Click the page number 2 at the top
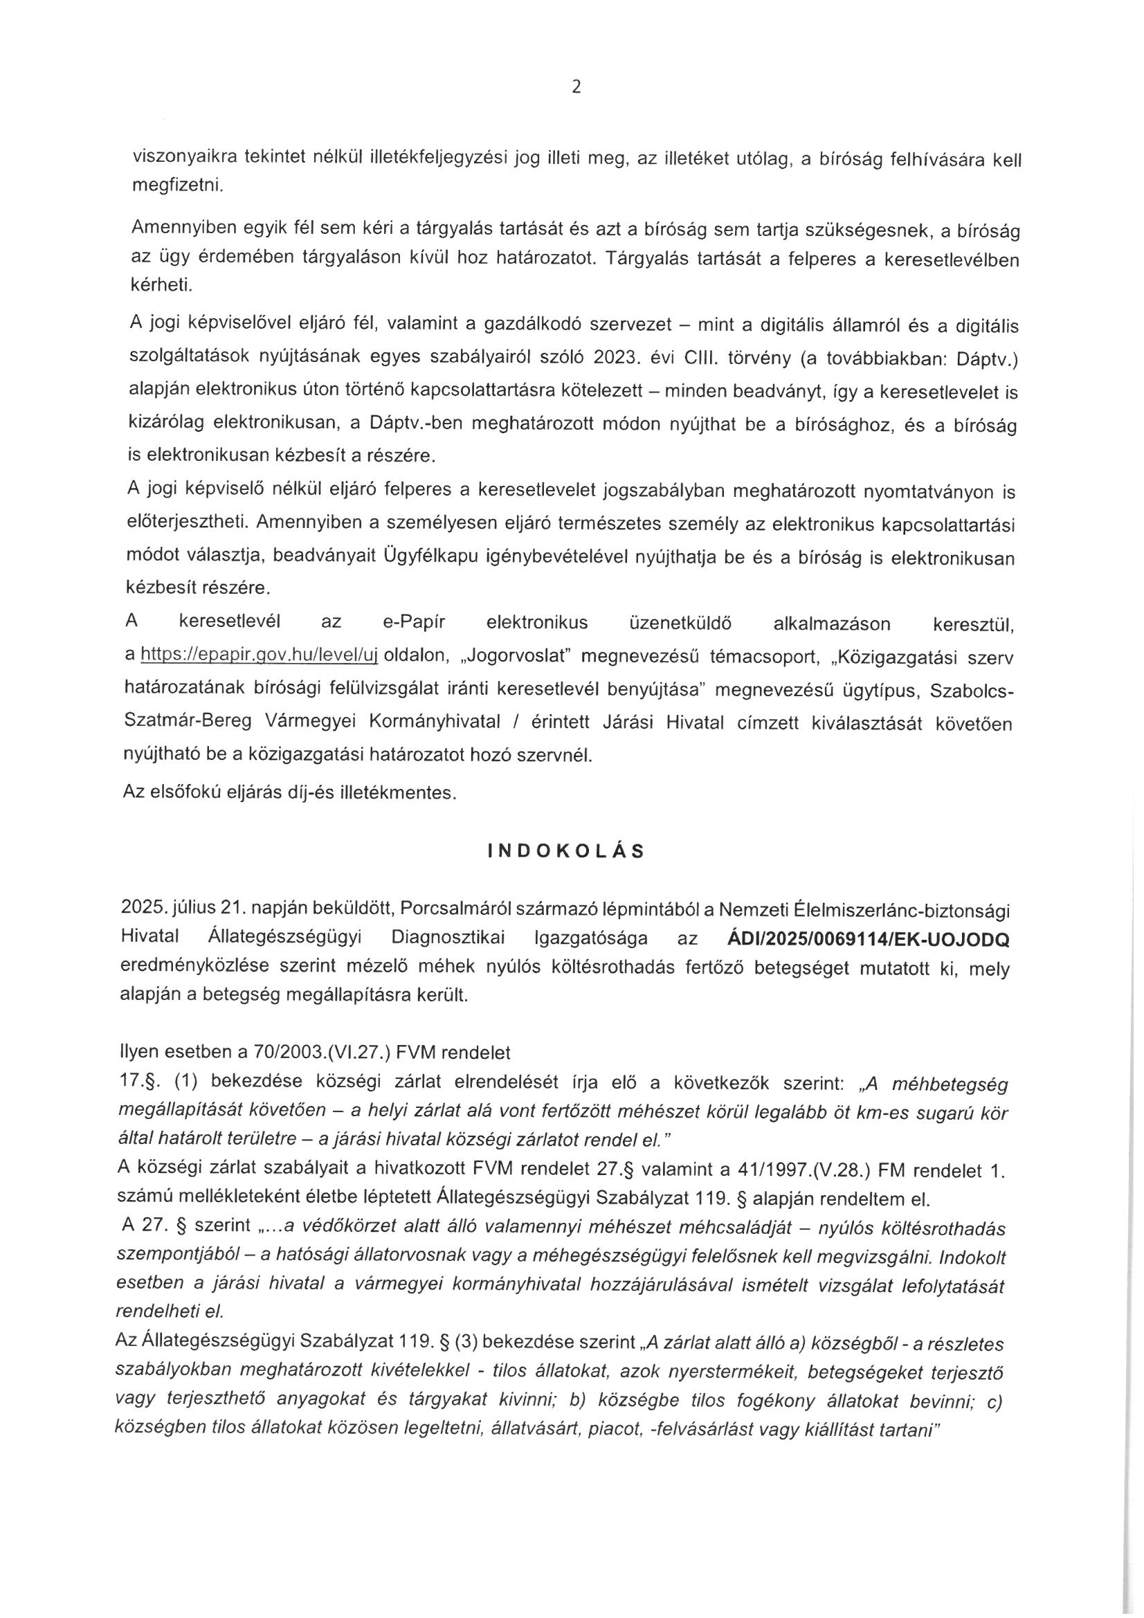[x=576, y=87]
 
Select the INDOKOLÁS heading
[x=566, y=851]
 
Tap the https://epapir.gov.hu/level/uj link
[x=260, y=656]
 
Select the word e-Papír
[x=414, y=623]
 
